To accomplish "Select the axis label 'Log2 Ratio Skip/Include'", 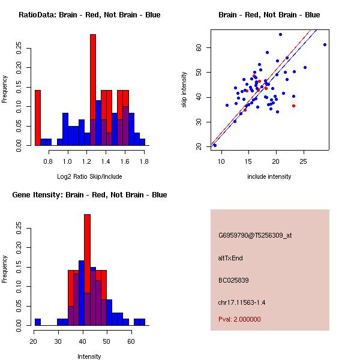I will [x=89, y=176].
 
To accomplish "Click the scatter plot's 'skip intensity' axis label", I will [x=185, y=90].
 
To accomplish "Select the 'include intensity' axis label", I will [x=269, y=176].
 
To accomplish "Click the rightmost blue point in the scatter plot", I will [x=325, y=44].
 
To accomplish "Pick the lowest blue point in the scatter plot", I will [x=215, y=145].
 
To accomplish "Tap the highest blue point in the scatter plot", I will [x=280, y=34].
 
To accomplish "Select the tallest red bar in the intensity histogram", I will [x=87, y=252].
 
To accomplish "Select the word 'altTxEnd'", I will [x=230, y=258].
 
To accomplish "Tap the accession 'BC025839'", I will [x=233, y=280].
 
